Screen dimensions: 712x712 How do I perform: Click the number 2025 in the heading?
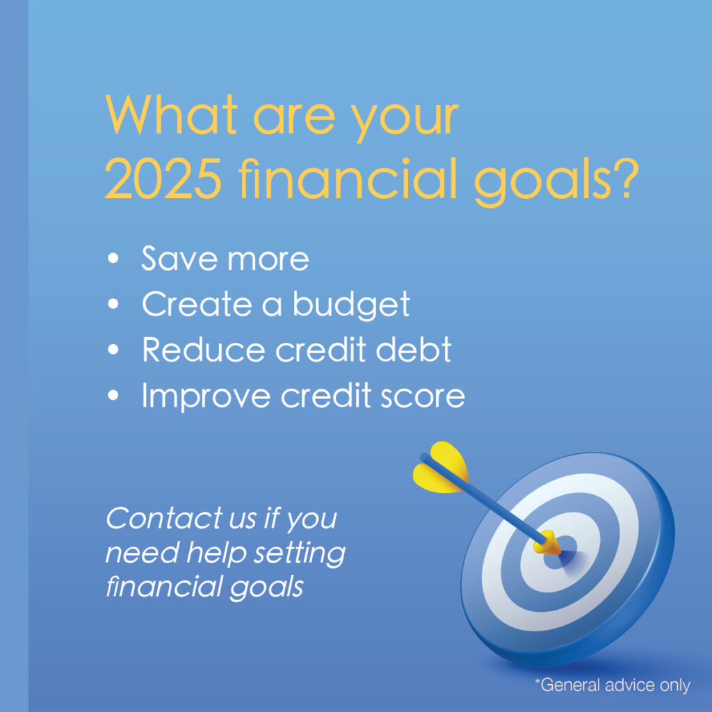click(x=163, y=179)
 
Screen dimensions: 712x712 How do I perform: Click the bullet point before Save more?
click(x=113, y=259)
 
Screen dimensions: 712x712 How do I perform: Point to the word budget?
click(x=351, y=305)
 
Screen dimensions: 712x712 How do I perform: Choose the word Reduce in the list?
click(x=204, y=350)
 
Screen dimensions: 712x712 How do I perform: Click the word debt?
click(x=413, y=350)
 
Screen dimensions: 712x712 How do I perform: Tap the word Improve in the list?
click(x=206, y=396)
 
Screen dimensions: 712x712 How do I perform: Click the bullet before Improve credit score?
click(x=113, y=395)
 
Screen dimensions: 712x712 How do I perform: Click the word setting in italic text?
click(x=300, y=553)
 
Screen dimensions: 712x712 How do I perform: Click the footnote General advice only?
click(x=613, y=685)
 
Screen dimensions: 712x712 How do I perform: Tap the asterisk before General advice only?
click(x=537, y=680)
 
